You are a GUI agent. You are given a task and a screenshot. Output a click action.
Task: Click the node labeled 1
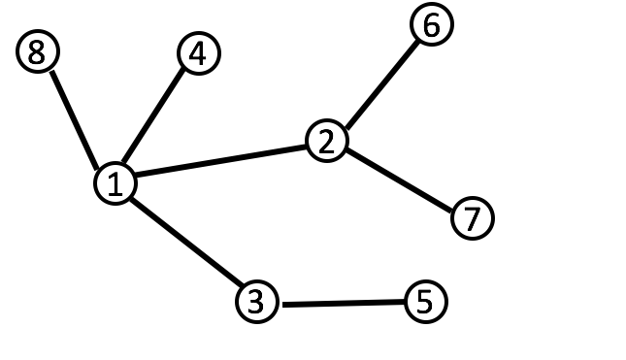[x=115, y=182]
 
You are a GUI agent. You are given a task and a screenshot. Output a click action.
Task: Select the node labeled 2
[x=326, y=142]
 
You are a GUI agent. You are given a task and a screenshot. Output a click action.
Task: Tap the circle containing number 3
[x=256, y=302]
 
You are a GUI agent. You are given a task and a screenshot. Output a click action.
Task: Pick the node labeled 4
[x=198, y=54]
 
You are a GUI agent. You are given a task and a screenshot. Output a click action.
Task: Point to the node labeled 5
[x=424, y=302]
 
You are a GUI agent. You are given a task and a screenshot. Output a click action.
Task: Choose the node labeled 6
[x=431, y=26]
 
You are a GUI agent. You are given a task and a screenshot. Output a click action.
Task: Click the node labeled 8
[x=37, y=52]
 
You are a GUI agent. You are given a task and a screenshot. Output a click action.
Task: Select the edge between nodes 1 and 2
[x=220, y=162]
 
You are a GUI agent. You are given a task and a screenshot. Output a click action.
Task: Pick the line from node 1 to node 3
[x=185, y=243]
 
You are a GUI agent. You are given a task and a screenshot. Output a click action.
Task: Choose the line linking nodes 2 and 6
[x=379, y=84]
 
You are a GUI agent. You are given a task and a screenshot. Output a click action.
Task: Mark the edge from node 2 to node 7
[x=399, y=180]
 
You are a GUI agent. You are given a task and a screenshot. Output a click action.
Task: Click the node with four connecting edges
[x=115, y=182]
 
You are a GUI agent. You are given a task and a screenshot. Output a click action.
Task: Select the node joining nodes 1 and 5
[x=256, y=302]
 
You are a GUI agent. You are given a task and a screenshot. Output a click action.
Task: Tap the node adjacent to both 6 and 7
[x=326, y=142]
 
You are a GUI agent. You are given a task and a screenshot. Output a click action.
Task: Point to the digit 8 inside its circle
[x=37, y=52]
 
